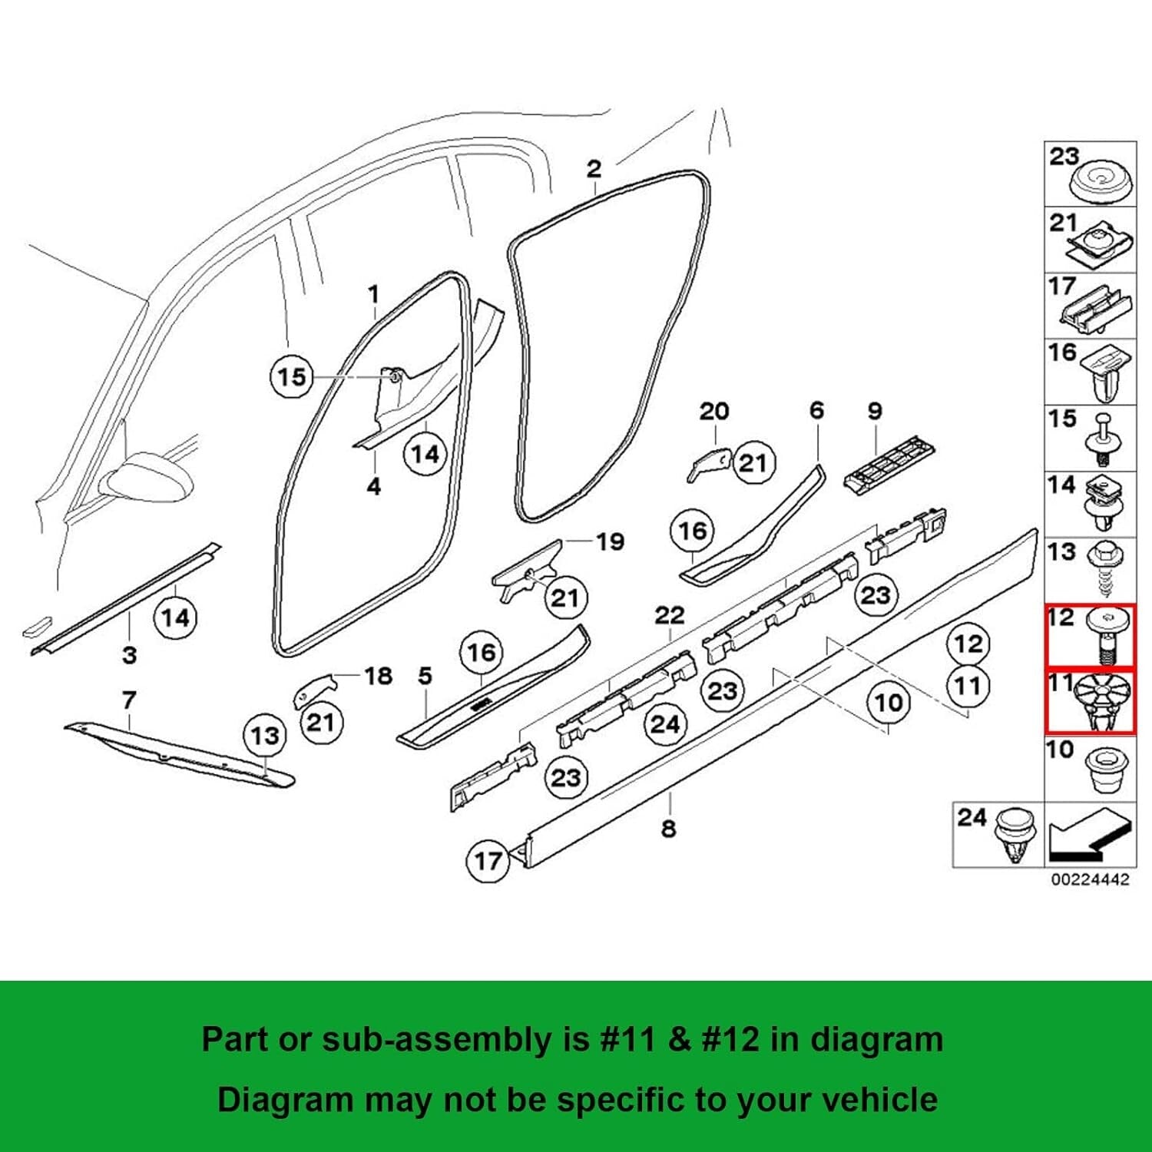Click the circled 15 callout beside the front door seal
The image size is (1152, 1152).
coord(292,377)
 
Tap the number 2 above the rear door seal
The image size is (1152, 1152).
coord(594,168)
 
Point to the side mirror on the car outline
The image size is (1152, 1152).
coord(150,476)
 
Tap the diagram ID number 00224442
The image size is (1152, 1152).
coord(1090,879)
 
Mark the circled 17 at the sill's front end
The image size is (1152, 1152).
coord(488,861)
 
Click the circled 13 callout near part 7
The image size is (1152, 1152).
coord(265,736)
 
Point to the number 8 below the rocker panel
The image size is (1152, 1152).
coord(669,829)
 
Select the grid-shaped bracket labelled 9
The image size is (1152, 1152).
coord(889,464)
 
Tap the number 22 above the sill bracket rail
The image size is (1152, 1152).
coord(669,615)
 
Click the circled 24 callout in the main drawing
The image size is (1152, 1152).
coord(665,724)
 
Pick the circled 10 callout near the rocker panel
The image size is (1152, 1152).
coord(889,702)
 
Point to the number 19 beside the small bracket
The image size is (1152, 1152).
coord(610,541)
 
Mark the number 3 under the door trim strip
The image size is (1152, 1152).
coord(130,655)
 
